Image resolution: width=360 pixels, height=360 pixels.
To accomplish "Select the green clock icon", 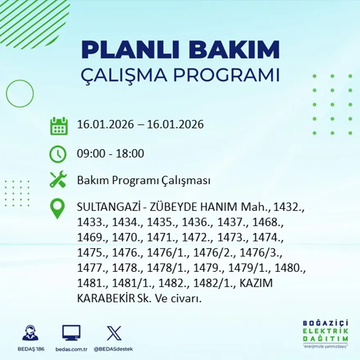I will (58, 154).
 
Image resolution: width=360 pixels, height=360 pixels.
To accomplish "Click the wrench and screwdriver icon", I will (58, 180).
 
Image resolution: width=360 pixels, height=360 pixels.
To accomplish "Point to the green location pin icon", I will (57, 208).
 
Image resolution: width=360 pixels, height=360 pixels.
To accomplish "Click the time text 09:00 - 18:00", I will (110, 154).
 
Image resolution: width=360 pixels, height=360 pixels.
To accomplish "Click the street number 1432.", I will (288, 207).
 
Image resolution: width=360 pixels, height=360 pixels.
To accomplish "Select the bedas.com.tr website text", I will (71, 349).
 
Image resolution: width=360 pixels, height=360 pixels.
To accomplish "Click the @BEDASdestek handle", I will (113, 349).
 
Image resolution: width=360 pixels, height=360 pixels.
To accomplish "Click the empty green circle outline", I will (20, 94).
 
